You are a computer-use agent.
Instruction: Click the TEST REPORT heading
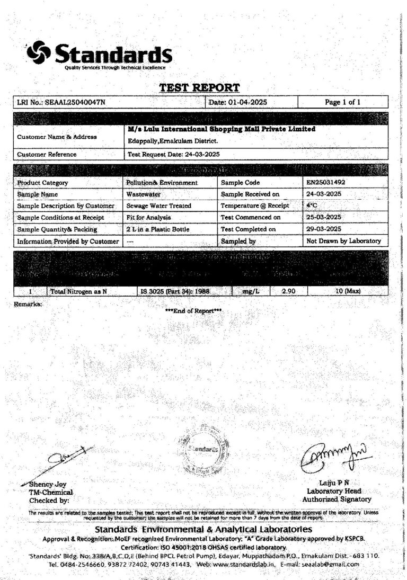[199, 87]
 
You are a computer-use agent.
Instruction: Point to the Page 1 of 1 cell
[343, 102]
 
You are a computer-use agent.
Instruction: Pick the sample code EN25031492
[325, 182]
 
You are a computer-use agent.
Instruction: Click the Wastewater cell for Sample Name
[144, 194]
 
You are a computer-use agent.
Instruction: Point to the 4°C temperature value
[314, 206]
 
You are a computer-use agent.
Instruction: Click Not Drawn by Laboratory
[343, 240]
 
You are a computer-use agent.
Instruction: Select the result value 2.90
[288, 291]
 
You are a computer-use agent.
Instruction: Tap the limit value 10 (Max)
[343, 291]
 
